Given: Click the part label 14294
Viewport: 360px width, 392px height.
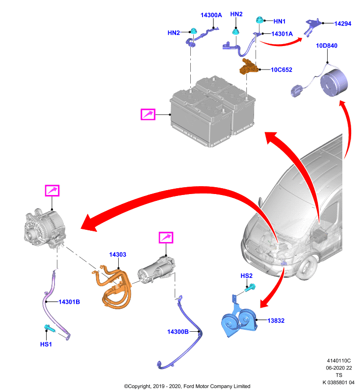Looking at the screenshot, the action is click(x=343, y=24).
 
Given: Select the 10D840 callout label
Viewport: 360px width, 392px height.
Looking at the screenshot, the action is click(x=327, y=46).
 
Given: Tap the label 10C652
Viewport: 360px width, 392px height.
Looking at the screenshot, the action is click(x=282, y=70).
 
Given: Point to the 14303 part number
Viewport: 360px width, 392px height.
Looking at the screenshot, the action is click(x=118, y=254).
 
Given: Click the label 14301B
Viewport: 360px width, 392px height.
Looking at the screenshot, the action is click(x=69, y=302).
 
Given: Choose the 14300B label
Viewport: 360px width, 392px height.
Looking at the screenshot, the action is click(x=178, y=332).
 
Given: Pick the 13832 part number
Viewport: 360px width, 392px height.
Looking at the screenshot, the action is click(x=276, y=320).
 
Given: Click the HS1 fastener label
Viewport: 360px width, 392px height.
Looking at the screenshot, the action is click(x=46, y=344).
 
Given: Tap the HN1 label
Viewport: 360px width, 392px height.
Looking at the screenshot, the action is click(x=280, y=22).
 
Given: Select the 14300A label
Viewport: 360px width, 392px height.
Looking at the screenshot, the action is click(x=211, y=15).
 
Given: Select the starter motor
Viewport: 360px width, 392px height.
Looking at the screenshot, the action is click(x=156, y=270).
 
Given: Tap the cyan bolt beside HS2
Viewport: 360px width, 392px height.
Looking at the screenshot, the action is click(x=250, y=288).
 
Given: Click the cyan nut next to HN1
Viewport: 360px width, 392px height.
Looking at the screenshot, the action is click(x=259, y=20).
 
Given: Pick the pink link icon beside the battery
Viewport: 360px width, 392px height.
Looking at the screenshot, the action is click(x=148, y=114).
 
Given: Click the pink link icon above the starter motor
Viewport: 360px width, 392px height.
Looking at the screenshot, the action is click(x=166, y=238).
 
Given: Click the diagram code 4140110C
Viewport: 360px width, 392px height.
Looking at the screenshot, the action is click(x=339, y=361).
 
